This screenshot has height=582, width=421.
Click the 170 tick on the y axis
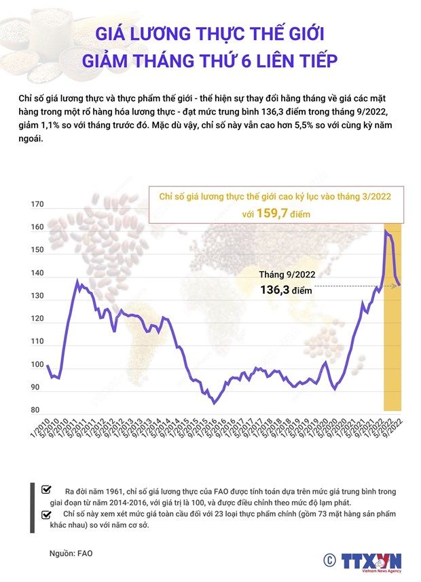[37, 204]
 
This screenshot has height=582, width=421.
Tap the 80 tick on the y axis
[35, 410]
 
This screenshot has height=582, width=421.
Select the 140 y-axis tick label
[37, 273]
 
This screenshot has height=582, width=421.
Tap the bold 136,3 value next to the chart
[276, 290]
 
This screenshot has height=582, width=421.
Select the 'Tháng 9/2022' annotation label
[287, 275]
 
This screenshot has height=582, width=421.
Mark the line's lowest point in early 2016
[215, 403]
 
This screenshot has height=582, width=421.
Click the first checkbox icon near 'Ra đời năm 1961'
[46, 489]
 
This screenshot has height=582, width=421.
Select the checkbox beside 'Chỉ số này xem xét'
[46, 514]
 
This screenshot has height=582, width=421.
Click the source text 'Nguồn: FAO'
[71, 554]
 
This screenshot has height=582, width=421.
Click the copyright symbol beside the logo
[329, 560]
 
